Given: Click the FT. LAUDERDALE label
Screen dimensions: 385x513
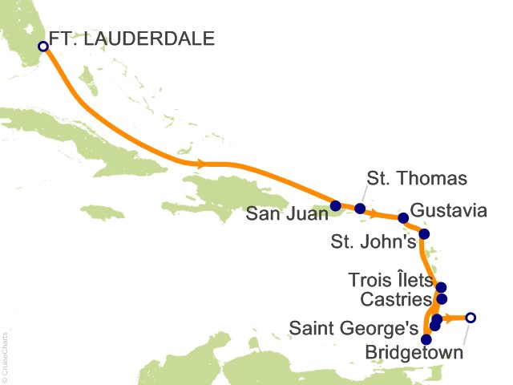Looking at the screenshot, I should click(x=131, y=37).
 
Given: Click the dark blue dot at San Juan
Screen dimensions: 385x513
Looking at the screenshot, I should click(x=335, y=205).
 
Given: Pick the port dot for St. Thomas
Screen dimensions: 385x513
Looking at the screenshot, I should click(x=360, y=209).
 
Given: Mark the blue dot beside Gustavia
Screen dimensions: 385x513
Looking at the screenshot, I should click(x=403, y=217).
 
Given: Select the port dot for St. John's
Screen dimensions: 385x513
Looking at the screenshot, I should click(x=425, y=234).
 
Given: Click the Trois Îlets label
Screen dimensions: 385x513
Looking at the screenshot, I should click(x=390, y=281).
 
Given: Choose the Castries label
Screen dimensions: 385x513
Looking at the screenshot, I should click(x=395, y=299).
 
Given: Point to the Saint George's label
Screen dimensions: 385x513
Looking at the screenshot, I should click(x=353, y=327).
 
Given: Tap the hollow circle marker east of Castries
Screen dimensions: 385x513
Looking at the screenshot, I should click(x=471, y=318).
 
